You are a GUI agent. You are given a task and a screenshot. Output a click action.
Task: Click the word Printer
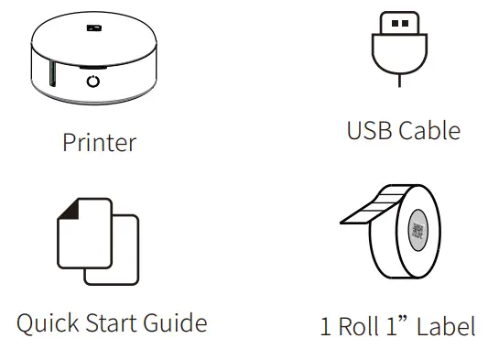click(99, 143)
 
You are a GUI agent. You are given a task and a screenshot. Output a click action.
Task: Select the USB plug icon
click(400, 41)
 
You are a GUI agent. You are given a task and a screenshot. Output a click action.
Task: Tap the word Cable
click(428, 130)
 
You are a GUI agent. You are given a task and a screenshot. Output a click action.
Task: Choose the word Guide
click(179, 323)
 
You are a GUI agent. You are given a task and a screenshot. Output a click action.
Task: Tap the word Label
click(446, 327)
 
